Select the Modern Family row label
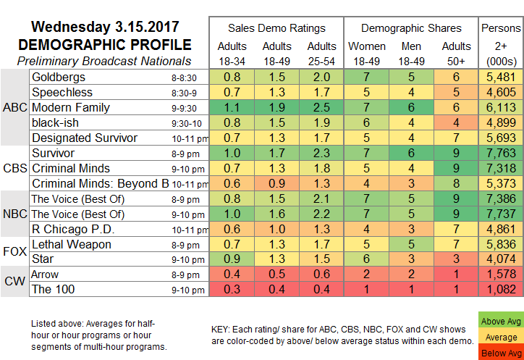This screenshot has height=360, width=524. [71, 107]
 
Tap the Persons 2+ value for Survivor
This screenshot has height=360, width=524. [500, 153]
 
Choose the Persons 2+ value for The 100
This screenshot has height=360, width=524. [500, 290]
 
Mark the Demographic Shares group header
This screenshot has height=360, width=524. [411, 28]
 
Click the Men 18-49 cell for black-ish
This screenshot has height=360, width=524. [410, 122]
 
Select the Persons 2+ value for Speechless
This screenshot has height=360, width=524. [500, 92]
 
